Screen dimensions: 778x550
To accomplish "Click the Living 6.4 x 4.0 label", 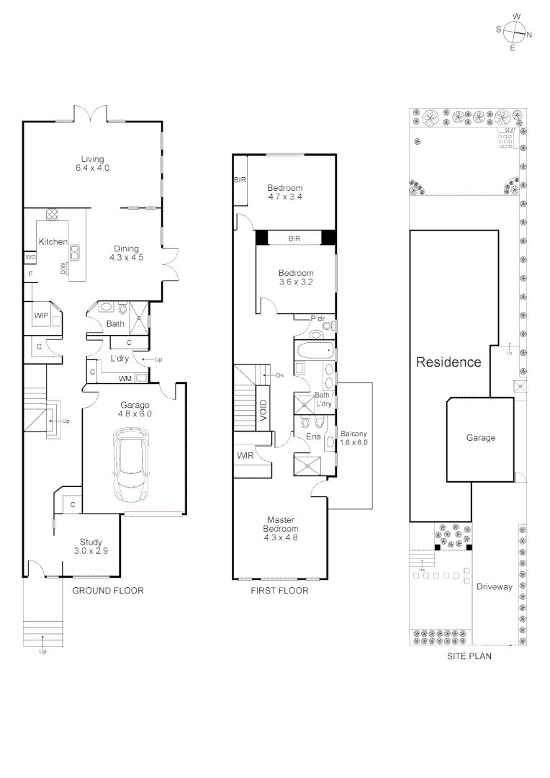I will (92, 164).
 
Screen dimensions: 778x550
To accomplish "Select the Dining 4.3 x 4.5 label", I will (127, 252).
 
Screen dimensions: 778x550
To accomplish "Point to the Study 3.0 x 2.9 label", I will (91, 547).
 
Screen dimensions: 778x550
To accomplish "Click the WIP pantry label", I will (40, 315).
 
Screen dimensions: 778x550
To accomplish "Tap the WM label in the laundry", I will (125, 377).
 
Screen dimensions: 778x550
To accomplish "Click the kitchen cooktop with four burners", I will (53, 214).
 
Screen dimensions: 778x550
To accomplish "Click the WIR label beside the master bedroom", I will (245, 455).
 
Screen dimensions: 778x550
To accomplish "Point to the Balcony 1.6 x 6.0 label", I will (354, 438).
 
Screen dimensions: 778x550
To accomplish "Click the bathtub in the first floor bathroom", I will (315, 354).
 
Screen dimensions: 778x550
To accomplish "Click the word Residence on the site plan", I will (448, 362).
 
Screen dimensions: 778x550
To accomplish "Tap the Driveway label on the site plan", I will (495, 586).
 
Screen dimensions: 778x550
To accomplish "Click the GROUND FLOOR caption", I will (108, 591).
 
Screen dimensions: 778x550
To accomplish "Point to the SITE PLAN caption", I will (469, 656).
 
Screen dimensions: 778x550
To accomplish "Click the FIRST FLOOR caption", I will (279, 591).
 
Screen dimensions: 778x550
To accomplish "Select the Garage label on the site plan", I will (481, 437).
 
